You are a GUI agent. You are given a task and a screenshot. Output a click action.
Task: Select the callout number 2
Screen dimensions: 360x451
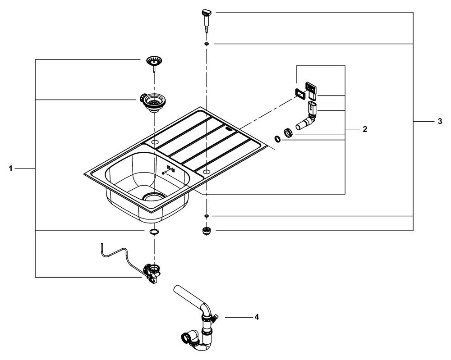tap(364, 129)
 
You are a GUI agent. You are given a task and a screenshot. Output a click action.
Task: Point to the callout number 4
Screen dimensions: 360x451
tap(256, 317)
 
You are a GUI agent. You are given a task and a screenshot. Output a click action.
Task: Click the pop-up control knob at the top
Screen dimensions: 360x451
tap(207, 15)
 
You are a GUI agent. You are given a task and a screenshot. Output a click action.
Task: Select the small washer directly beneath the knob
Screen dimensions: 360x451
tap(206, 44)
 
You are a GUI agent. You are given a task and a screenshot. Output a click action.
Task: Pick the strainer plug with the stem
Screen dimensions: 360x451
tap(154, 63)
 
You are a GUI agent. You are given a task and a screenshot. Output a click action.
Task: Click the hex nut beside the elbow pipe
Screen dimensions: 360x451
tap(288, 132)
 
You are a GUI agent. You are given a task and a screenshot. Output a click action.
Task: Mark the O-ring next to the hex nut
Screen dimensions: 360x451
tap(277, 140)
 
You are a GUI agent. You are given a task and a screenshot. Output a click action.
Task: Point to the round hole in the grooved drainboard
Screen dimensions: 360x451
tap(206, 172)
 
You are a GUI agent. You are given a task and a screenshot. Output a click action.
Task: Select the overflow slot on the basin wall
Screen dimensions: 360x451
tap(170, 169)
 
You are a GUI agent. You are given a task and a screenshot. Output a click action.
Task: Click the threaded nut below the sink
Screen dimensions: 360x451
tap(206, 232)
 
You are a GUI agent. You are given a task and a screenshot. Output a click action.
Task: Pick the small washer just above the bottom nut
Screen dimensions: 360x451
tap(206, 217)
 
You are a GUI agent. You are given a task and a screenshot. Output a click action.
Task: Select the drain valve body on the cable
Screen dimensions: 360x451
tap(152, 272)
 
